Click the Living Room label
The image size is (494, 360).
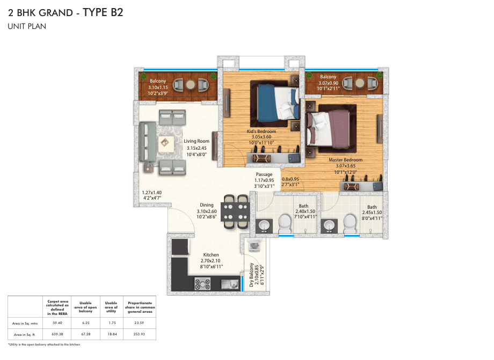(197, 141)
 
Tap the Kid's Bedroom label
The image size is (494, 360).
(261, 131)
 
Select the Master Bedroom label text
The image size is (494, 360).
(346, 160)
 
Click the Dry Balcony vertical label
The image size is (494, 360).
(251, 275)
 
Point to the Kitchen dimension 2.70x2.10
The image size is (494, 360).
(210, 261)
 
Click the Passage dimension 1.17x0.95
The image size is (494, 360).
(264, 180)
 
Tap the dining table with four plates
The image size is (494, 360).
(235, 212)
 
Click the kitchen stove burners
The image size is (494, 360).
(202, 284)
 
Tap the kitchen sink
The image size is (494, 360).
(230, 284)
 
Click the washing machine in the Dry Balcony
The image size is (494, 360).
(255, 245)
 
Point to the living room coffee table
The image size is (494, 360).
(165, 143)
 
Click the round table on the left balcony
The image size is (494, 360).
(190, 85)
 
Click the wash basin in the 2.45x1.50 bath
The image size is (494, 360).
(329, 226)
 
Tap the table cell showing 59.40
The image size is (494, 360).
(57, 323)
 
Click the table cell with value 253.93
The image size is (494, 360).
(139, 334)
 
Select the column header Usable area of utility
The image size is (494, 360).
(111, 307)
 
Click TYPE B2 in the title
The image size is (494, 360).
(103, 12)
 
